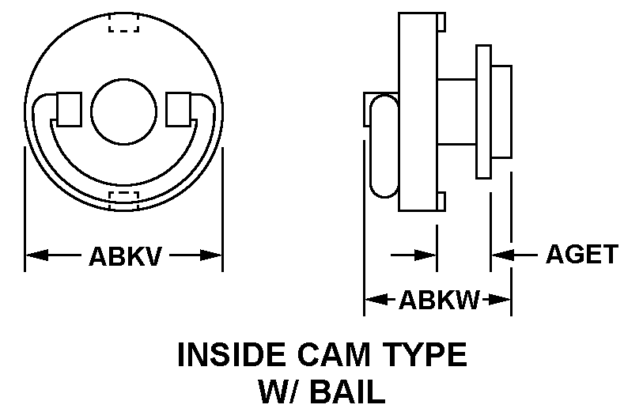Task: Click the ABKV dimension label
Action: [x=125, y=256]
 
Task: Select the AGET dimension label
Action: [x=582, y=254]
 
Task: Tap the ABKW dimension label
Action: [x=439, y=300]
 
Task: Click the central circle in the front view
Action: [x=124, y=112]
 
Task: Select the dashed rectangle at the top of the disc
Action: [x=124, y=23]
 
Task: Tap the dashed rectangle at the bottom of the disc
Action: [x=124, y=201]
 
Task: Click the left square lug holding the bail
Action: [x=69, y=109]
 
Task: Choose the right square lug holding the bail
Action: [x=179, y=109]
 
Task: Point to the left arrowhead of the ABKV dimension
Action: [x=37, y=255]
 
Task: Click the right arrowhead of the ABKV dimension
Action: [x=211, y=255]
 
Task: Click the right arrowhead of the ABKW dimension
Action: [x=499, y=300]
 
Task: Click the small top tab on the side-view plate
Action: [x=441, y=22]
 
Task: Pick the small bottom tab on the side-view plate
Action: [x=441, y=202]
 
